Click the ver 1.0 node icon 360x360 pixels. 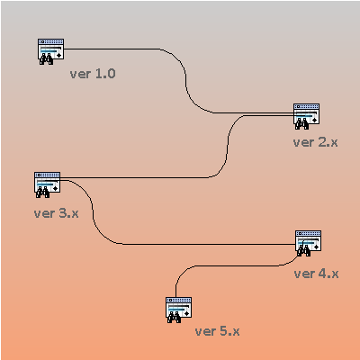(x=50, y=51)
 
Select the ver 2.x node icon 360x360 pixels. (x=306, y=116)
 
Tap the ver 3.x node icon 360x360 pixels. (x=47, y=184)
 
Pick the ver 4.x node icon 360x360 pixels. (x=308, y=243)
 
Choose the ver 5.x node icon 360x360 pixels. (x=178, y=310)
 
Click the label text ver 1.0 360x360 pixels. (x=93, y=74)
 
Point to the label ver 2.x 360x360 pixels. (x=315, y=142)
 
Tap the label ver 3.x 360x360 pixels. (x=56, y=213)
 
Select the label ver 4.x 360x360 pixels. (x=316, y=274)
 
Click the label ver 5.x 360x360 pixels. (x=217, y=331)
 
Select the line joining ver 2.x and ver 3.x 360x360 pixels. (x=227, y=147)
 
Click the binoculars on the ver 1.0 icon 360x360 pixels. (x=46, y=59)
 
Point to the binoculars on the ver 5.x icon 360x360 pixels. (x=174, y=318)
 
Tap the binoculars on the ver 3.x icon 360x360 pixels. (x=42, y=193)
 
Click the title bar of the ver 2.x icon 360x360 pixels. (x=306, y=106)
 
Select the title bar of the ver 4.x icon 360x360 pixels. (x=308, y=233)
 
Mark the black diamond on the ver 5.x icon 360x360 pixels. (x=186, y=313)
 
